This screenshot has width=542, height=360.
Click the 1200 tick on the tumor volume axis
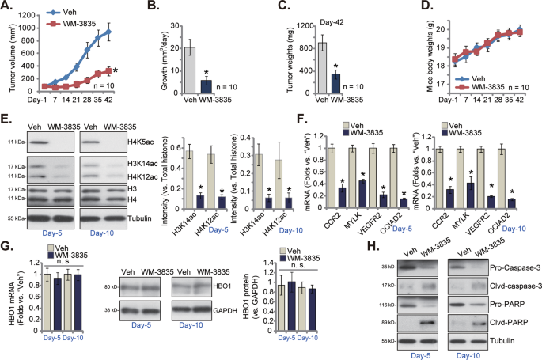pos(32,13)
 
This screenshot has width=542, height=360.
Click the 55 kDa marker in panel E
pos(13,216)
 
